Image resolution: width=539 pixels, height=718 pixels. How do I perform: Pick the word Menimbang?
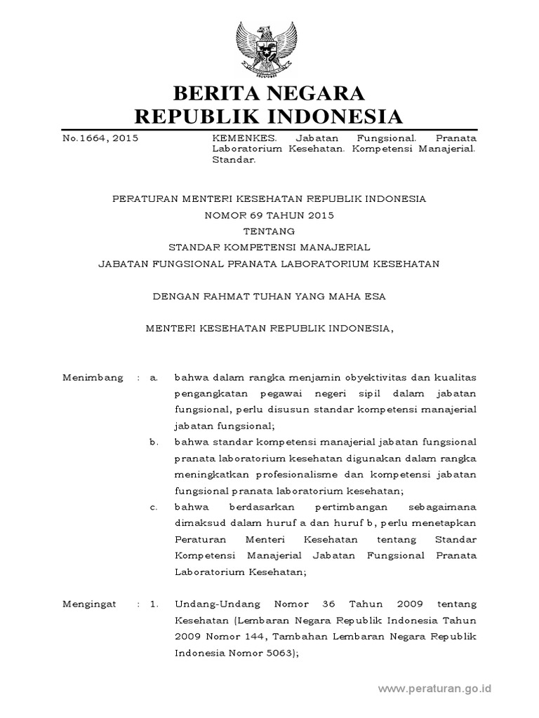[93, 378]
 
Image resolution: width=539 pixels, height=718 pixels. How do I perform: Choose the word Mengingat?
[92, 604]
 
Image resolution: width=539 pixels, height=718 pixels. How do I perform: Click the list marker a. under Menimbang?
[154, 378]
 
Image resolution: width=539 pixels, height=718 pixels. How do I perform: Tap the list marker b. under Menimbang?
[154, 442]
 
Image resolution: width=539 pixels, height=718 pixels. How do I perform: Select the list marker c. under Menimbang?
[154, 507]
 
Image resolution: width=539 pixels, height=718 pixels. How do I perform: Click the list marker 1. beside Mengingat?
[154, 604]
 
